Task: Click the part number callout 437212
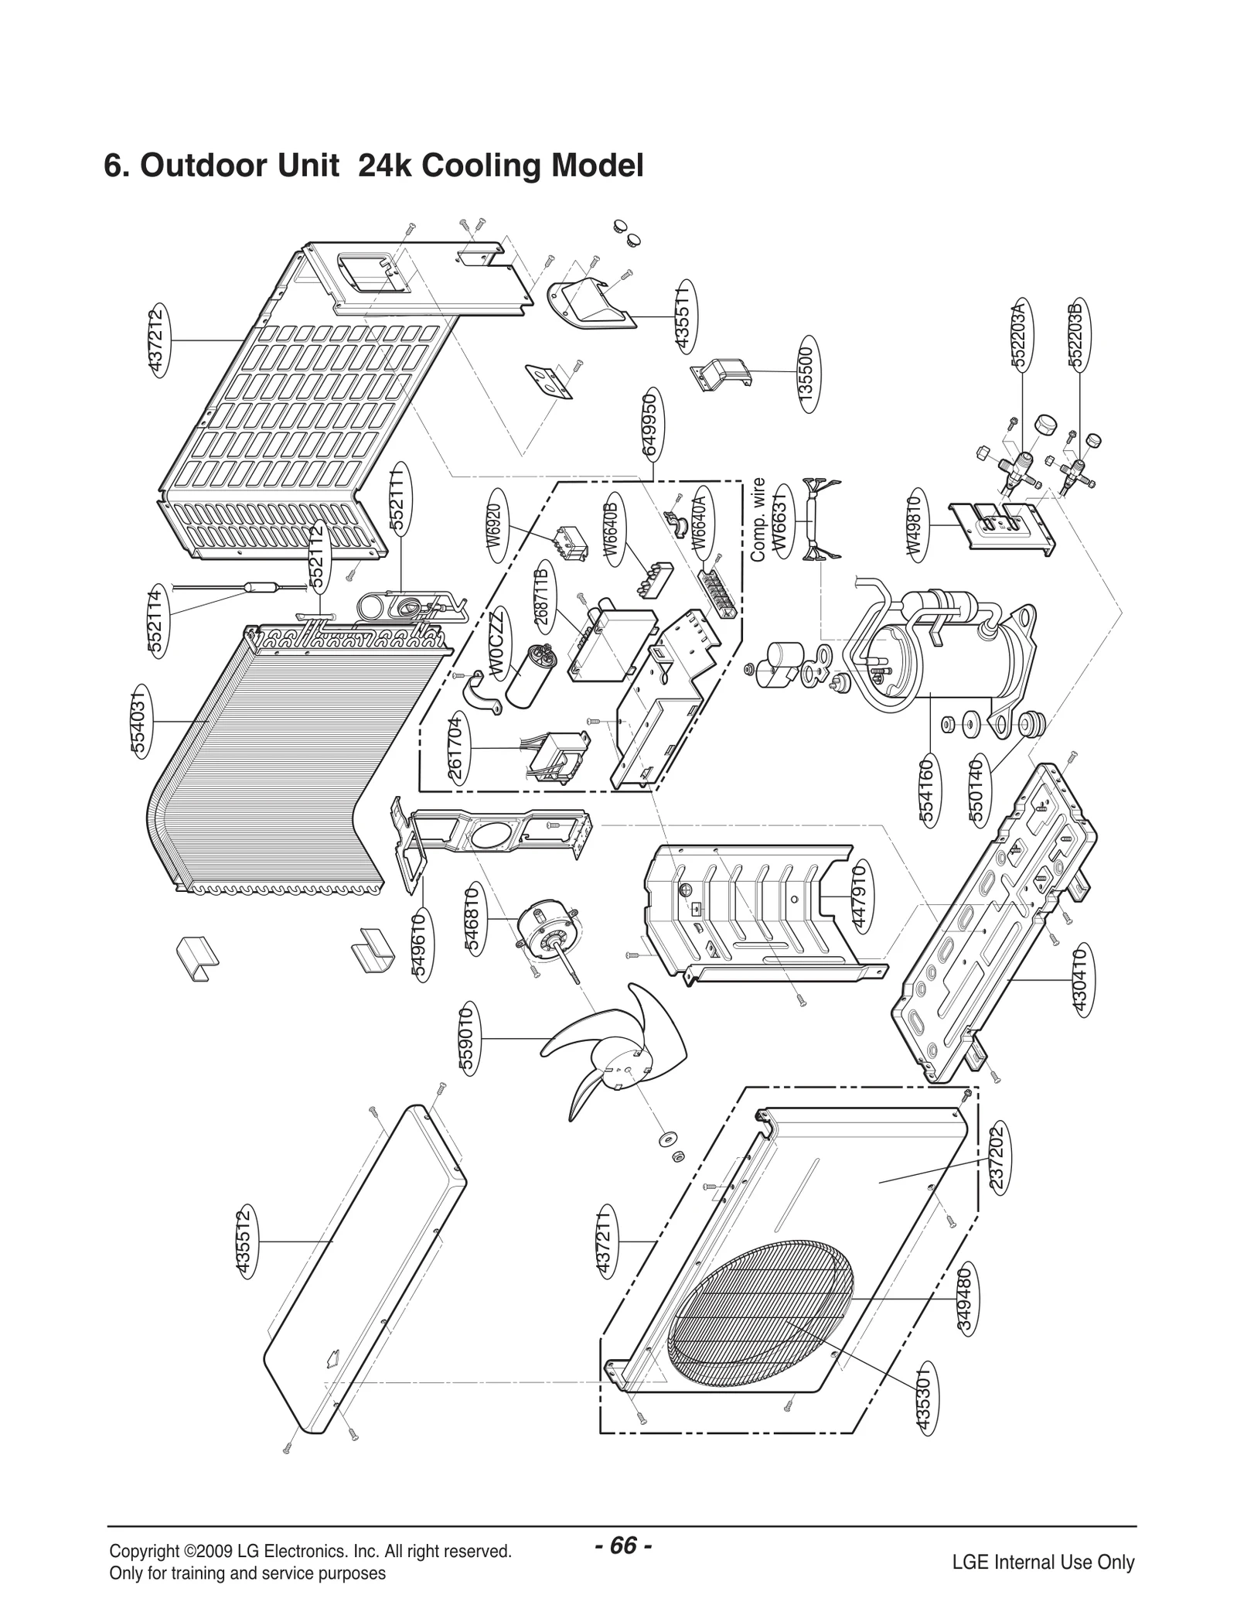pyautogui.click(x=158, y=340)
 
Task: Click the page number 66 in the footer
pyautogui.click(x=623, y=1523)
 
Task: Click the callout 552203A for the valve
pyautogui.click(x=1020, y=334)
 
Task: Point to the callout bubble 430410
pyautogui.click(x=1081, y=979)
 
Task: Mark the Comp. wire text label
pyautogui.click(x=758, y=519)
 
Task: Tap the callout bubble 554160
pyautogui.click(x=928, y=791)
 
